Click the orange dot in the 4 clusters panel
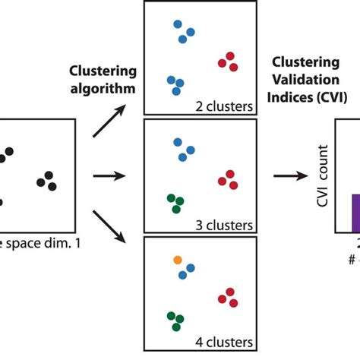(178, 261)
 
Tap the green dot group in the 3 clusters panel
(175, 203)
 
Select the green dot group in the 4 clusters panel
(175, 321)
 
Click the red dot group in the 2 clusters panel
(228, 62)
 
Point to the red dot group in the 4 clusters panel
(228, 297)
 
